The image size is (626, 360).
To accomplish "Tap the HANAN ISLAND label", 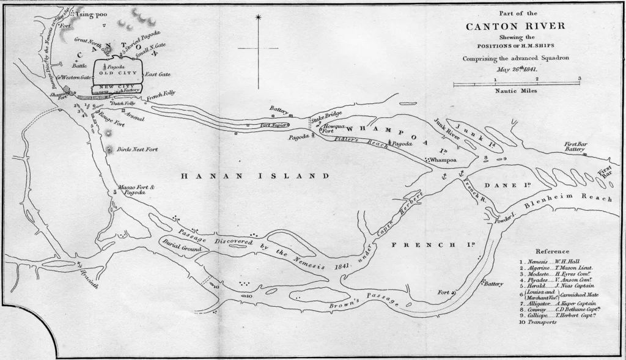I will [x=256, y=176].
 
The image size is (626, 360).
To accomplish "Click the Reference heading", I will [x=552, y=251].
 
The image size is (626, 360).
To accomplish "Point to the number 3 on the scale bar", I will [x=578, y=79].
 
